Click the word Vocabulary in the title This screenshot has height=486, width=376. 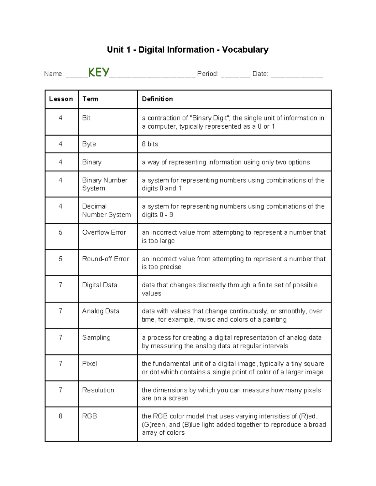[245, 50]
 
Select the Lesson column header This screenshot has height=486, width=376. [61, 99]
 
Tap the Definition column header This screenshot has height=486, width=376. [157, 99]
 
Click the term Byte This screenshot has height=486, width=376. [89, 144]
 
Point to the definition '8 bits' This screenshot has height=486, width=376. [150, 144]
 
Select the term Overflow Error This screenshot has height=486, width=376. [104, 232]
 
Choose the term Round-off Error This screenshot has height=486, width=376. [106, 259]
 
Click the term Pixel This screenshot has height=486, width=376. [89, 363]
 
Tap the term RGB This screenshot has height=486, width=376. [89, 416]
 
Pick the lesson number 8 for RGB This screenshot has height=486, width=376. [60, 416]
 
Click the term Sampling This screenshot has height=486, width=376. [96, 337]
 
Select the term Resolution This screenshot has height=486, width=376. [98, 390]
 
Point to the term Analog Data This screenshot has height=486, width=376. [101, 311]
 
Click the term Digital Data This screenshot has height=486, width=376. [100, 285]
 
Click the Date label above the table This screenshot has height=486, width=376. [260, 74]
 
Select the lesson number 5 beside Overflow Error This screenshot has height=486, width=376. [60, 232]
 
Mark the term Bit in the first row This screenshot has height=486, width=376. [86, 118]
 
